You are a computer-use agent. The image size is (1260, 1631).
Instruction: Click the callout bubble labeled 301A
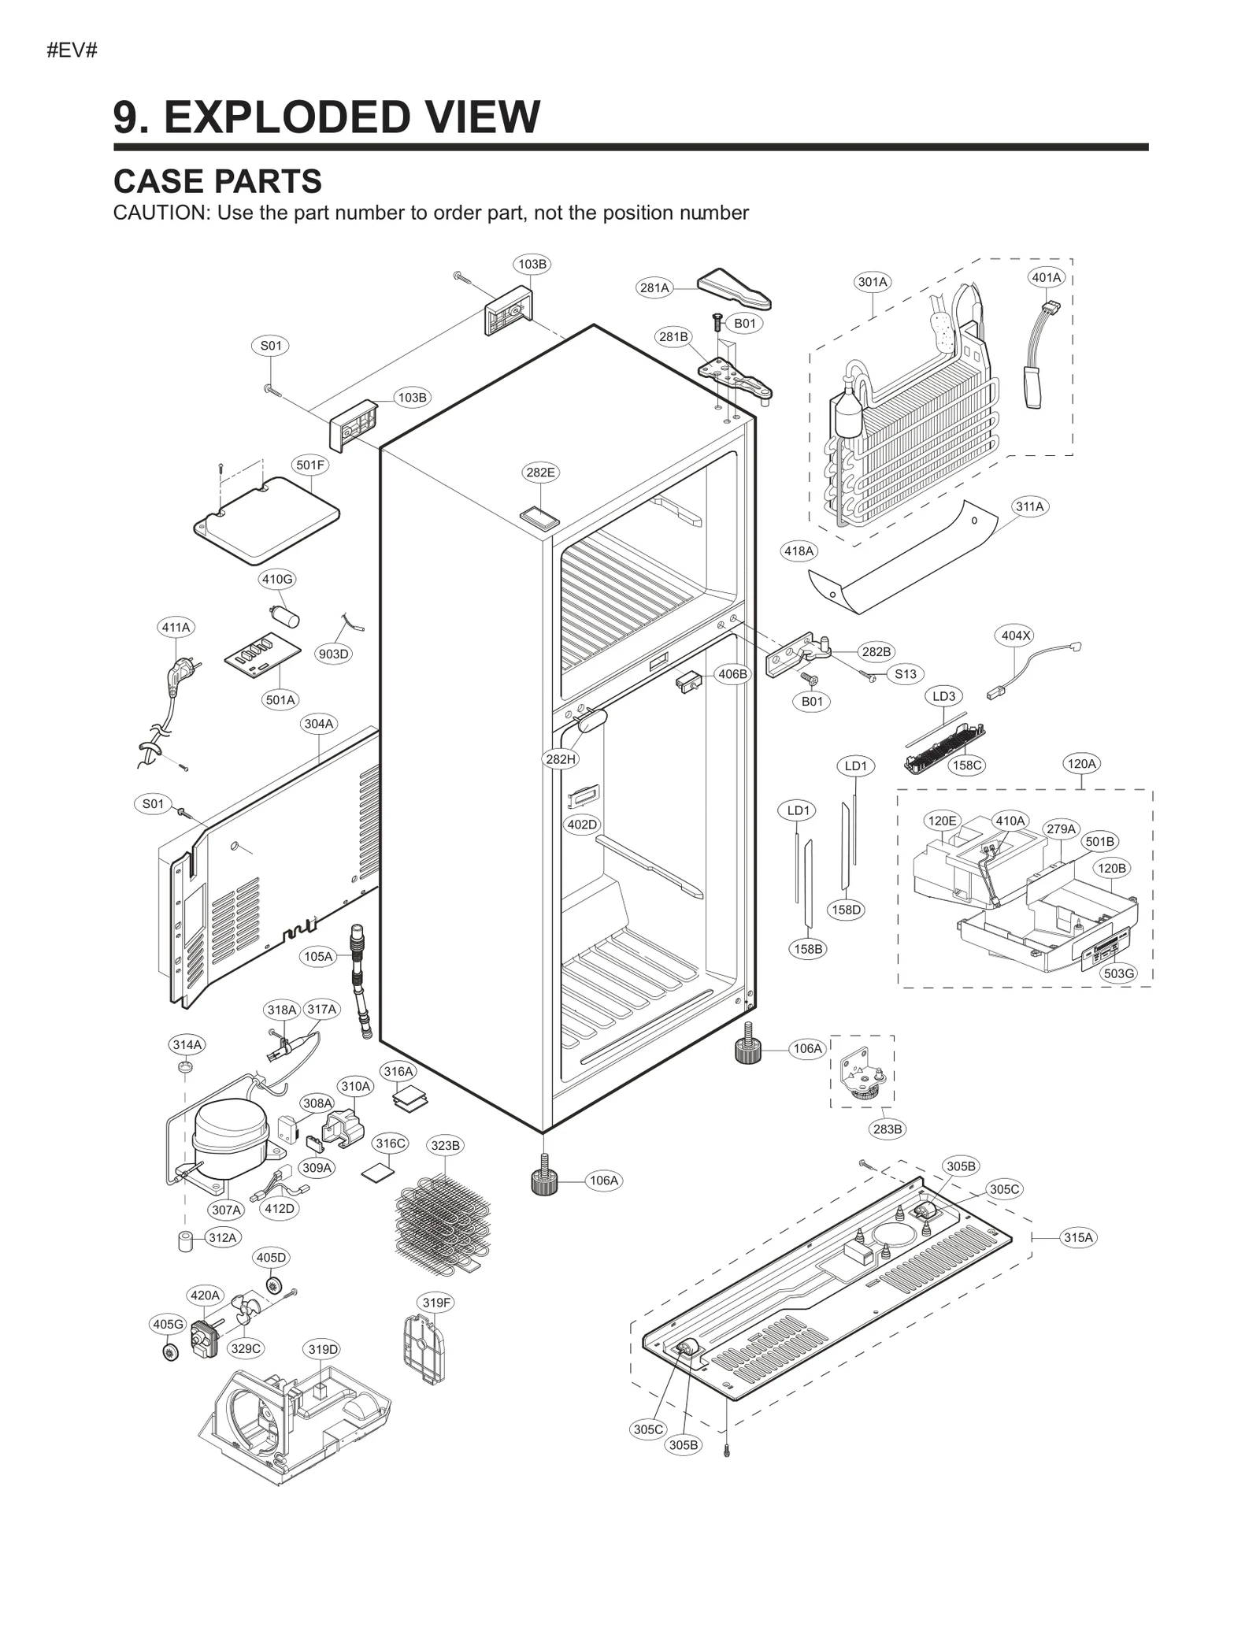coord(872,282)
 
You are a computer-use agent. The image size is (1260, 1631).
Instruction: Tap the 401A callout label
coord(1046,277)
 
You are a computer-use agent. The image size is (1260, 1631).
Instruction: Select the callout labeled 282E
coord(540,473)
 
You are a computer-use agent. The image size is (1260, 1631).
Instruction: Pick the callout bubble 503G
coord(1118,973)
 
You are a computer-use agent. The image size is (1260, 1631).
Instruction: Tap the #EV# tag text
coord(72,51)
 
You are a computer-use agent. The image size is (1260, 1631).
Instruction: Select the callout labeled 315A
coord(1078,1237)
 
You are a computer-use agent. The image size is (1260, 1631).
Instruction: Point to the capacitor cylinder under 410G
coord(285,616)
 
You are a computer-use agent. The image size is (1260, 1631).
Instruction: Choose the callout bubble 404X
coord(1015,636)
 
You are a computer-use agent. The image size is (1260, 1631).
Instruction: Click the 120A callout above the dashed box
coord(1080,763)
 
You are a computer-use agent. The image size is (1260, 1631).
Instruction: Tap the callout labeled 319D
coord(323,1349)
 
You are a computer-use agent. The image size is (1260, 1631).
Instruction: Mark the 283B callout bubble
coord(887,1129)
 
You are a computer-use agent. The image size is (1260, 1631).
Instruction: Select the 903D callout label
coord(333,654)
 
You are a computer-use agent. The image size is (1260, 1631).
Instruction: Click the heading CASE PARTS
coord(217,182)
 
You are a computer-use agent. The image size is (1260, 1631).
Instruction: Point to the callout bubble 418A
coord(799,551)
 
